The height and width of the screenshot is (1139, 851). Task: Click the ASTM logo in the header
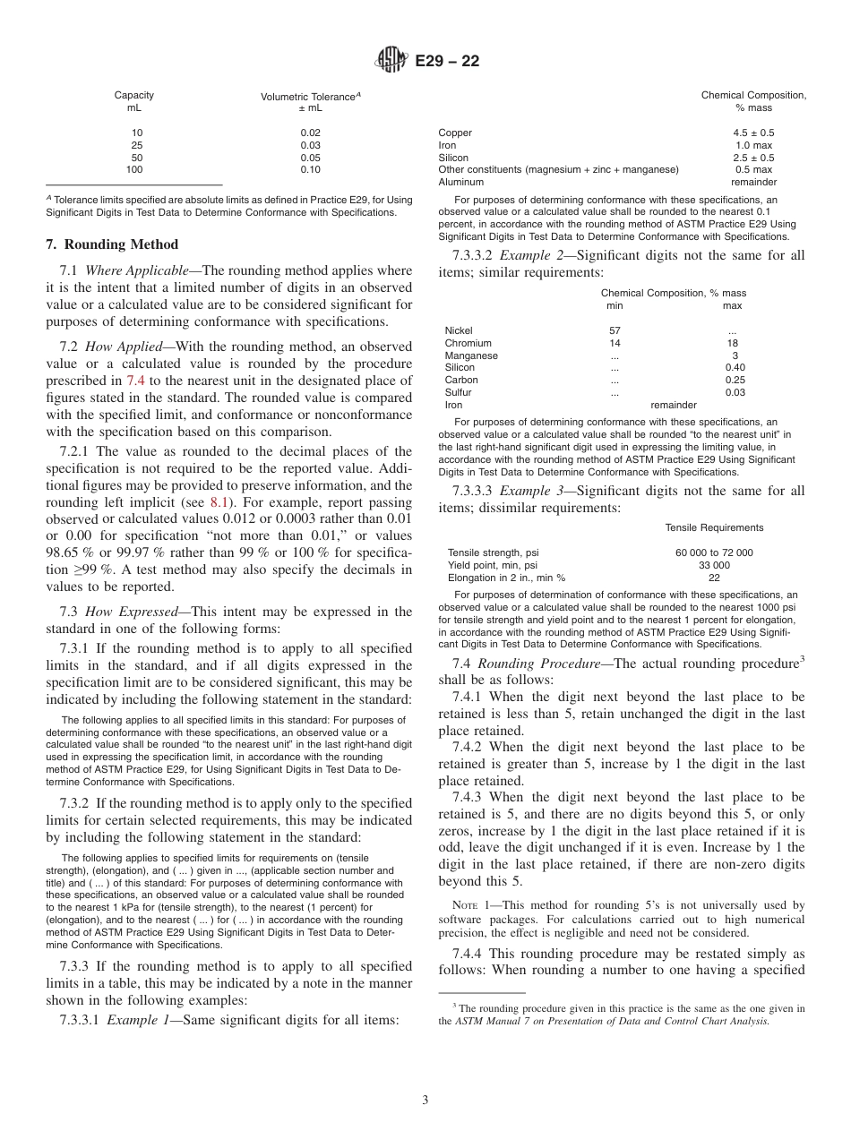pos(392,61)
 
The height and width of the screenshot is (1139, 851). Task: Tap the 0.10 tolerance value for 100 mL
pos(311,169)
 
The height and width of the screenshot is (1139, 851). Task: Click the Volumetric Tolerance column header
pos(311,96)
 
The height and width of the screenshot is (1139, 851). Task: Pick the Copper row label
pos(455,133)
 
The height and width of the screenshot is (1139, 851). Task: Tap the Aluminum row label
pos(460,182)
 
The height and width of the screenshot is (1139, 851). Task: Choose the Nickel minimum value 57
pos(615,330)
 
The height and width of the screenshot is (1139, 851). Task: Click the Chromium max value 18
pos(735,343)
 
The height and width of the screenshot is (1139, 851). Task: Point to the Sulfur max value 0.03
pos(735,392)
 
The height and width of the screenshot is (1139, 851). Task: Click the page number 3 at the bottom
pos(425,1100)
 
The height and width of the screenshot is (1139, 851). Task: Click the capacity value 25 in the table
pos(136,145)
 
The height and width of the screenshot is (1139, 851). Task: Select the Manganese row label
pos(471,355)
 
